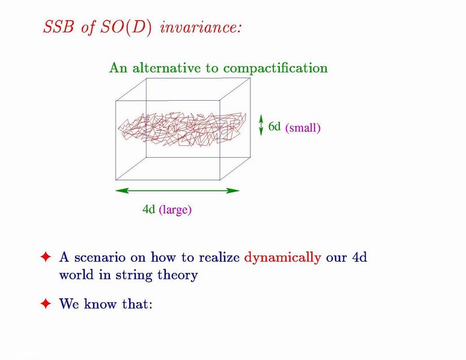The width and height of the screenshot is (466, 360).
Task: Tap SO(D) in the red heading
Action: point(126,28)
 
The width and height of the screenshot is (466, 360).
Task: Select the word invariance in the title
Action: point(201,28)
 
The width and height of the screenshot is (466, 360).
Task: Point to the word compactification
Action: point(276,68)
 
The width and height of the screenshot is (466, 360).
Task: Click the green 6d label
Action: point(274,127)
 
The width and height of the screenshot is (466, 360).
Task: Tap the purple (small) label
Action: point(303,128)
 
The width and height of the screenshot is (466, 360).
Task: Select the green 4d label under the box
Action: point(148,209)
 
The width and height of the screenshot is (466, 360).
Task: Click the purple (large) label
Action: point(175,210)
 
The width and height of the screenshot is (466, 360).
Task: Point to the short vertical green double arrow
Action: point(261,125)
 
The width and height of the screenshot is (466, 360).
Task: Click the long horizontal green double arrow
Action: point(177,191)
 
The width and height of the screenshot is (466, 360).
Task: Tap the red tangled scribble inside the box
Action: point(182,130)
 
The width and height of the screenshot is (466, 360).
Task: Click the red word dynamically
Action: point(283,257)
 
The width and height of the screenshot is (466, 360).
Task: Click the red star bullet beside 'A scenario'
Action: point(46,257)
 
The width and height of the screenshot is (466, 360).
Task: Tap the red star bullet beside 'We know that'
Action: point(46,304)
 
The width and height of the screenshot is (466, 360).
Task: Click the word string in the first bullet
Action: point(134,275)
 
